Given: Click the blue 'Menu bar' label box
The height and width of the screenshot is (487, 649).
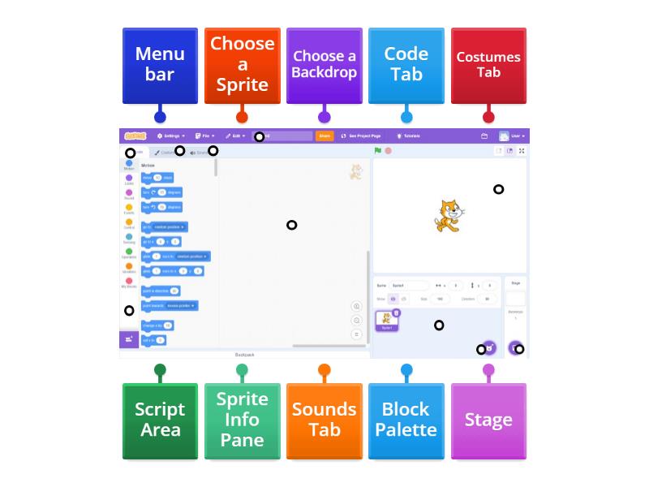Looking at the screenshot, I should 160,65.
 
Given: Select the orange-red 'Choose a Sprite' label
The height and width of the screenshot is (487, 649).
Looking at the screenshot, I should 242,65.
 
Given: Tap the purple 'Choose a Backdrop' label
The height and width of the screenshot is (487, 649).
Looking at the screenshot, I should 324,65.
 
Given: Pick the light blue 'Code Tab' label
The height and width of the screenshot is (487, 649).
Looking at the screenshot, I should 406,65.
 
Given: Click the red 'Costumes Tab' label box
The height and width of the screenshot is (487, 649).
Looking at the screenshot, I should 488,65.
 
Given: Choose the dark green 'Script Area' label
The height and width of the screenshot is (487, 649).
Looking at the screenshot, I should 160,420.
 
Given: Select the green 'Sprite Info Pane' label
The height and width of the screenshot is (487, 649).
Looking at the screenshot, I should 242,420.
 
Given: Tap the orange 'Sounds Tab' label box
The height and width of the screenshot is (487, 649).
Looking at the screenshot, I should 324,420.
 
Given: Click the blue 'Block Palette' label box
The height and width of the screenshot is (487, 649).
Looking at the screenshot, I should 406,420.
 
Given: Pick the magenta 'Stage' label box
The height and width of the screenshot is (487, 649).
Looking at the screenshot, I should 488,420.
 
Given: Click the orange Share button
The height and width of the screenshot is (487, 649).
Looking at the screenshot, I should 324,136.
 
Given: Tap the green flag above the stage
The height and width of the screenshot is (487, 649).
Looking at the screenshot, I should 378,151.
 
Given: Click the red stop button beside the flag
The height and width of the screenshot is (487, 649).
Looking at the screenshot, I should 389,151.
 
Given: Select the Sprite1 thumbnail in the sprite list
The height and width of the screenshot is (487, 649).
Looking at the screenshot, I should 386,321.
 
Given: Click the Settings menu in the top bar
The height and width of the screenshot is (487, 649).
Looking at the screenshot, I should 171,136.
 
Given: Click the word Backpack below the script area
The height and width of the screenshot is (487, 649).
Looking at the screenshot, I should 244,355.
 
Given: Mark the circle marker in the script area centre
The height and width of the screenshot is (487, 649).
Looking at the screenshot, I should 292,225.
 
